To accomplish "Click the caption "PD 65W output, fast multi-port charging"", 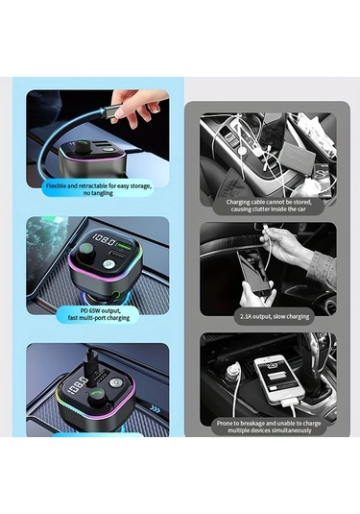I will click(98, 313).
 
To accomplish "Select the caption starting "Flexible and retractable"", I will click(98, 187).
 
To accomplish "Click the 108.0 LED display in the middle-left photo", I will click(103, 243).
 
